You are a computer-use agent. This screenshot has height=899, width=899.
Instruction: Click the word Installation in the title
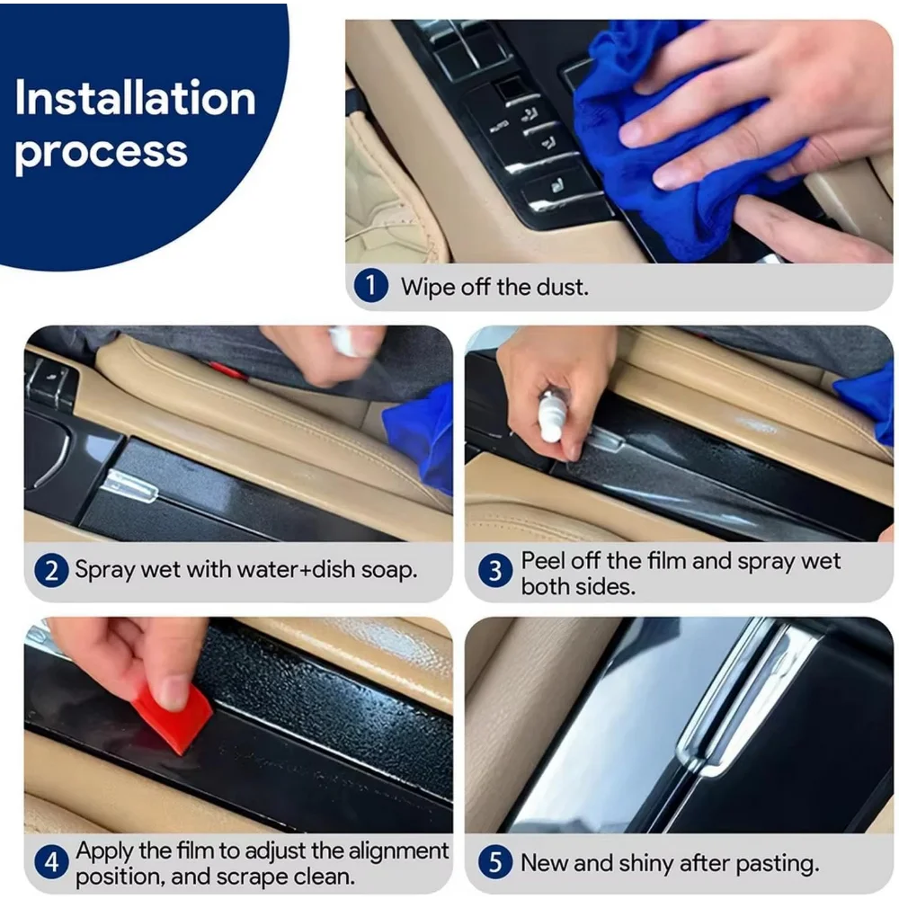tap(135, 98)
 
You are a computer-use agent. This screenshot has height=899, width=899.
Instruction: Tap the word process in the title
tap(101, 152)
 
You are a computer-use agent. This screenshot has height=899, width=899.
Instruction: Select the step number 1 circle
tap(370, 286)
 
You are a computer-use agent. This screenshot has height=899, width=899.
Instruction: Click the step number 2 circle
tap(51, 571)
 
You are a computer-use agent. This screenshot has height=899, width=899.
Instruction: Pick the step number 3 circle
tap(494, 571)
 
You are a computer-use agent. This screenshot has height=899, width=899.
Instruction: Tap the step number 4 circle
tap(51, 862)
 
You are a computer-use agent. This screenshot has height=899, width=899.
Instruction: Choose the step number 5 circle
tap(494, 862)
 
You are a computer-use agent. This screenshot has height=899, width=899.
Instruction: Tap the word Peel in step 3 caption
tap(542, 561)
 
